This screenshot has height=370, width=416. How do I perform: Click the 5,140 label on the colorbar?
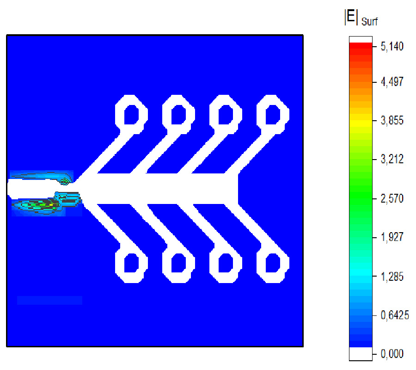click(392, 46)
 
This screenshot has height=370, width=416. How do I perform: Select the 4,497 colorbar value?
click(392, 82)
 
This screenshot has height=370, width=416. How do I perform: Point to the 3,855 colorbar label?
click(392, 121)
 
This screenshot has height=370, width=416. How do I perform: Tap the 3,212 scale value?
click(392, 159)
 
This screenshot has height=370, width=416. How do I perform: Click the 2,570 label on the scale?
click(392, 198)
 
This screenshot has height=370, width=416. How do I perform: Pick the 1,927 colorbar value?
click(392, 237)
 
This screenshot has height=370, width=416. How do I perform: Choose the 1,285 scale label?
click(392, 277)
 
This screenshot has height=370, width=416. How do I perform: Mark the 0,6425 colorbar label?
click(395, 315)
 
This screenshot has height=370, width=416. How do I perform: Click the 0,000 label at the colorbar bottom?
click(392, 353)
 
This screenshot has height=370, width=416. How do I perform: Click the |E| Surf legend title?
click(361, 18)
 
